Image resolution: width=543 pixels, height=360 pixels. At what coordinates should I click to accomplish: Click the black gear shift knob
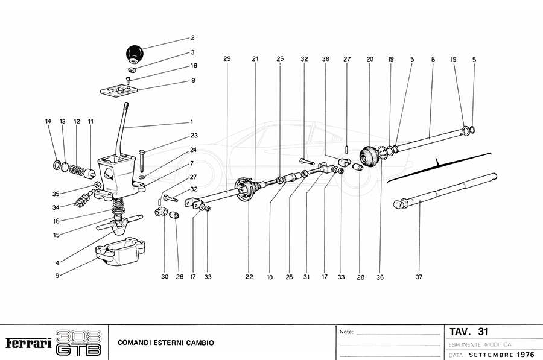134,54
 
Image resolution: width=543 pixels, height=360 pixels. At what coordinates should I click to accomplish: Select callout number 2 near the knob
192,37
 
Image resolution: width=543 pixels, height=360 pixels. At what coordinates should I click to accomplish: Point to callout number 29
227,59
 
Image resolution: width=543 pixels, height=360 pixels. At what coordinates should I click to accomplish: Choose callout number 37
419,277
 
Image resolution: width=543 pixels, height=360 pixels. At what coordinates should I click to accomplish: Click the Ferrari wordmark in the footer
28,343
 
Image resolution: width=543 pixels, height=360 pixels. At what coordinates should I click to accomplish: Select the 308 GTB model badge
78,343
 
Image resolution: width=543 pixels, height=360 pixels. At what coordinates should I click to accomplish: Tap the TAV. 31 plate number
469,332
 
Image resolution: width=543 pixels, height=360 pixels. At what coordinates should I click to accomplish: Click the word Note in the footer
346,332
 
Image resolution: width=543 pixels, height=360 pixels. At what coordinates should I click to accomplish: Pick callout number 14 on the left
48,121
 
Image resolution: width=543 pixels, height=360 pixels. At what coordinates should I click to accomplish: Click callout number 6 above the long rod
433,59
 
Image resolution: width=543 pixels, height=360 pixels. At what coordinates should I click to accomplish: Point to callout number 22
249,277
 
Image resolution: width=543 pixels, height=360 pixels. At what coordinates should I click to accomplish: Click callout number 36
380,277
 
